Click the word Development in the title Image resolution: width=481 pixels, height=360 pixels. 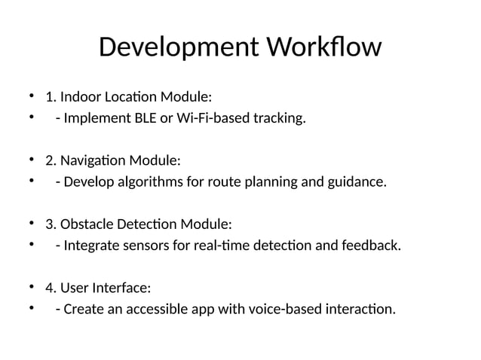point(176,48)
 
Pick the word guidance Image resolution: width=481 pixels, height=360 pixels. point(356,182)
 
